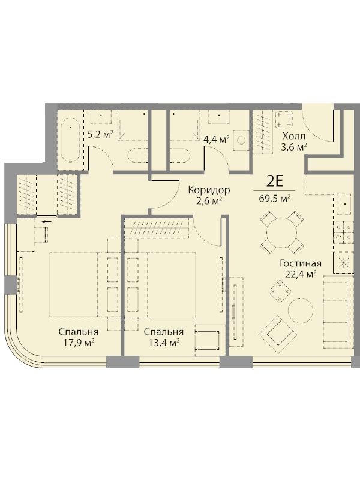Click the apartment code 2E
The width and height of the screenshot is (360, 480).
[275, 182]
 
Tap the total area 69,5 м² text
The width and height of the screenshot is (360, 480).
[275, 198]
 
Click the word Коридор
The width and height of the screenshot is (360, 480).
[209, 190]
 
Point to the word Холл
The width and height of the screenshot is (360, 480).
[294, 136]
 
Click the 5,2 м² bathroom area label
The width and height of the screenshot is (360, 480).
[100, 134]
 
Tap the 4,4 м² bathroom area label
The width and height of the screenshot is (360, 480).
[217, 140]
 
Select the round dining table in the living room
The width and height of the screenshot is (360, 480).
[282, 232]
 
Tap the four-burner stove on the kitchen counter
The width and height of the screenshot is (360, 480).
[343, 232]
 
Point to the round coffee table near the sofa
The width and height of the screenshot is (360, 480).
[301, 310]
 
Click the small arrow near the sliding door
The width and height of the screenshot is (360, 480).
[47, 221]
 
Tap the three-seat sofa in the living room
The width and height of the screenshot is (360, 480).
[336, 308]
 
